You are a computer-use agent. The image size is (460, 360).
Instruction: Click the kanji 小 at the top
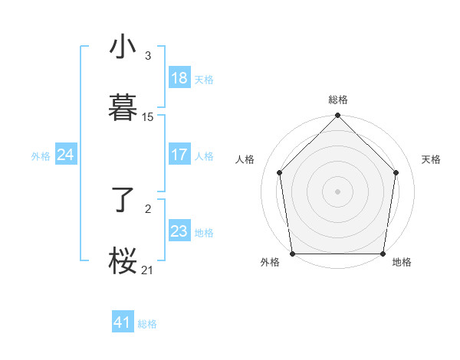pyautogui.click(x=123, y=47)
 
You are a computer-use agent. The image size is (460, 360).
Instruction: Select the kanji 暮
pyautogui.click(x=123, y=107)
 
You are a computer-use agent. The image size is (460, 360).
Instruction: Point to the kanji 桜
pyautogui.click(x=123, y=260)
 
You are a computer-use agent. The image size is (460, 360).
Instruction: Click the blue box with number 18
pyautogui.click(x=179, y=78)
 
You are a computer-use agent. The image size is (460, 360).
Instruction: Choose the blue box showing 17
pyautogui.click(x=179, y=155)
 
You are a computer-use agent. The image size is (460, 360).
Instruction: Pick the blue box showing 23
pyautogui.click(x=179, y=231)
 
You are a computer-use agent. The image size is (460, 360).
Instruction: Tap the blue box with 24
pyautogui.click(x=66, y=155)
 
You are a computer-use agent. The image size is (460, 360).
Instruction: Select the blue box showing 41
pyautogui.click(x=123, y=322)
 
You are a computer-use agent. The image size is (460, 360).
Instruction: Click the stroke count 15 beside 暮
pyautogui.click(x=148, y=117)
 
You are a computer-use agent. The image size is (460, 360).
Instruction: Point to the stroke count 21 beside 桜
pyautogui.click(x=148, y=269)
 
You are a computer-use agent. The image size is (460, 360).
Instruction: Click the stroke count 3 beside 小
pyautogui.click(x=148, y=56)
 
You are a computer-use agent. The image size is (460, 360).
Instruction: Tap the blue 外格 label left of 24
pyautogui.click(x=41, y=155)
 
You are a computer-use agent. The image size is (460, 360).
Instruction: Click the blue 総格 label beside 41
pyautogui.click(x=147, y=324)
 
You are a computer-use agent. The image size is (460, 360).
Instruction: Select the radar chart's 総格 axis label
pyautogui.click(x=337, y=100)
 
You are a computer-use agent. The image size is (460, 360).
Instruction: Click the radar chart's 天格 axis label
pyautogui.click(x=431, y=159)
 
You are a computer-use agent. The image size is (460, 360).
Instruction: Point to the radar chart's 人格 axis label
pyautogui.click(x=245, y=159)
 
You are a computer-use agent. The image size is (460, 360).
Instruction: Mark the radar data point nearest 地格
pyautogui.click(x=383, y=254)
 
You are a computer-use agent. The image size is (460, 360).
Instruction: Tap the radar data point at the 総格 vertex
pyautogui.click(x=337, y=116)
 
